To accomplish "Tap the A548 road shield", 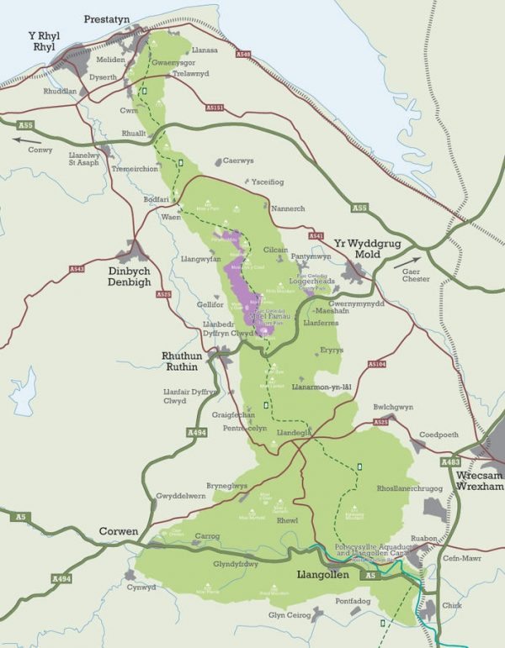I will click(x=243, y=55).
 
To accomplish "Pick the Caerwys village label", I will click(x=238, y=161).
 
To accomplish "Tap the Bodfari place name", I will click(x=157, y=199).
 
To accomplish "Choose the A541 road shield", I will click(x=316, y=236).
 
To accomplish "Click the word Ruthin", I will click(x=182, y=366).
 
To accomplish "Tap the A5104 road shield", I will click(x=376, y=365).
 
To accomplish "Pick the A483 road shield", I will click(x=451, y=462).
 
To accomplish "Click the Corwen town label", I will click(x=119, y=531).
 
